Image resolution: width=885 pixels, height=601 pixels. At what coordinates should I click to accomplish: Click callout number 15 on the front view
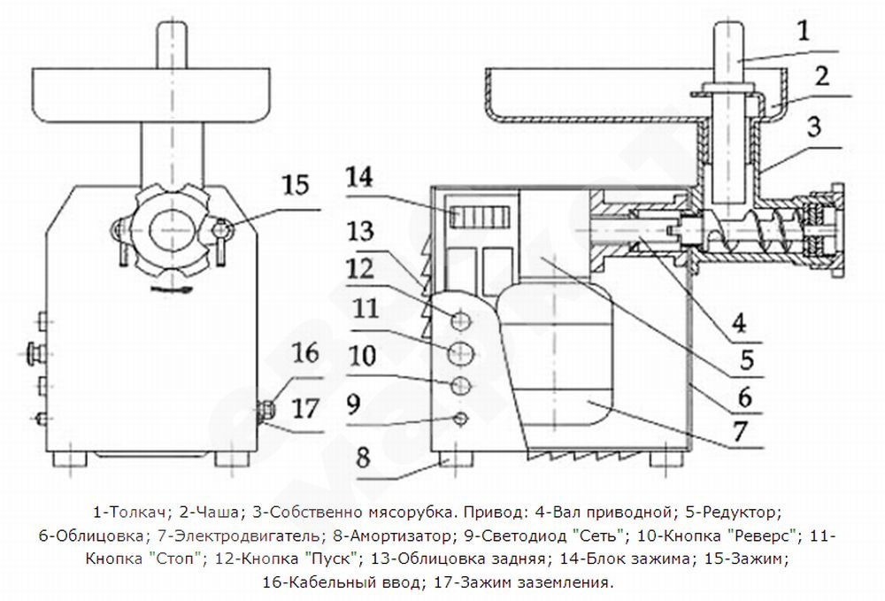[x=296, y=184]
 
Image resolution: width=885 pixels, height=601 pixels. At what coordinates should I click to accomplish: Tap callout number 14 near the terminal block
[x=359, y=177]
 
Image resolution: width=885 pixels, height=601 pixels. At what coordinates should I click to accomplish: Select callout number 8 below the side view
[x=363, y=457]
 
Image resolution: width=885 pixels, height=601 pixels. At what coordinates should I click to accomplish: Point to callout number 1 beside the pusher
[x=804, y=30]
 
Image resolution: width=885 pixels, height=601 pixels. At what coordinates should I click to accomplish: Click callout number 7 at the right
[x=740, y=430]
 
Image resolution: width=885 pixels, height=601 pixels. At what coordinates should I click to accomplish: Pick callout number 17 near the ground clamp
[x=305, y=407]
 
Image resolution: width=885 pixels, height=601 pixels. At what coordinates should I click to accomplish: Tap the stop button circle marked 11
[x=461, y=353]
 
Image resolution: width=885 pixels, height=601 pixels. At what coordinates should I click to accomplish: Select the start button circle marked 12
[x=460, y=320]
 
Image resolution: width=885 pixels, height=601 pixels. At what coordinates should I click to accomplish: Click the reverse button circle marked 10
[x=461, y=386]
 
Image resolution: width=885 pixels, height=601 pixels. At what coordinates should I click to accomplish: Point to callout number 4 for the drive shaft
[x=739, y=323]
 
